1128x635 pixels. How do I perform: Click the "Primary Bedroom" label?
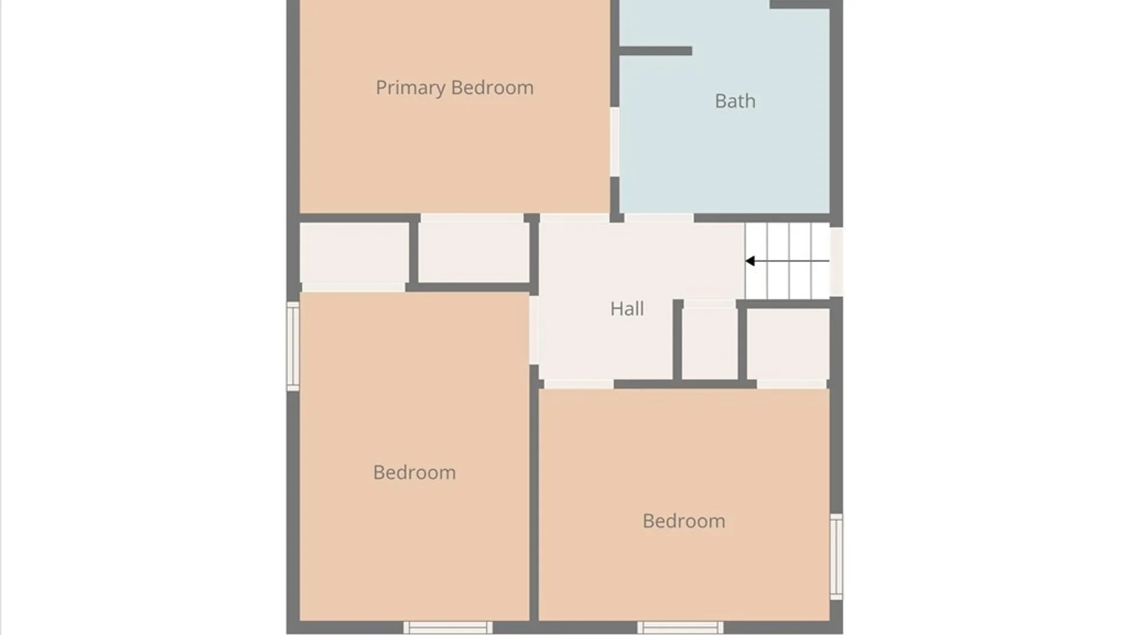[x=455, y=88]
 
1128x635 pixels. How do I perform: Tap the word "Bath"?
[x=735, y=101]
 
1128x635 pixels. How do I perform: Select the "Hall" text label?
[x=627, y=309]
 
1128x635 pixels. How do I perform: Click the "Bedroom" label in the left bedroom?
[x=414, y=472]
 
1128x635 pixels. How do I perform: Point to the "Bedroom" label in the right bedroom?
[x=684, y=521]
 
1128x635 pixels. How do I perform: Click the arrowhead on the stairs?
[x=750, y=261]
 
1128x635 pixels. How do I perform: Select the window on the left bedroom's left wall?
[x=293, y=346]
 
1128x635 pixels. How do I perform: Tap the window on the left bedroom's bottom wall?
[x=448, y=627]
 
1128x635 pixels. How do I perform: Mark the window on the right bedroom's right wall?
[x=836, y=557]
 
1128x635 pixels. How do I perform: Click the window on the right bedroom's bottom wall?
[x=680, y=627]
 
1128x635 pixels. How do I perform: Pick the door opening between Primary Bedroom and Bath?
[x=615, y=142]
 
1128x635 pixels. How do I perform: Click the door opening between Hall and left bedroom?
[x=534, y=330]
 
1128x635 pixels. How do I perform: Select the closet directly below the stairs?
[x=788, y=344]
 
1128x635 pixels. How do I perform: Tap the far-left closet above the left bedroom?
[x=354, y=253]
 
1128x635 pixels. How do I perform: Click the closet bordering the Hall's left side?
[x=474, y=253]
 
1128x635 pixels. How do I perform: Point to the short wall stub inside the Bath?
[x=656, y=51]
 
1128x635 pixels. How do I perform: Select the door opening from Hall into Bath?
[x=659, y=218]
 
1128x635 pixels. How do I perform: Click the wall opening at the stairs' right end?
[x=836, y=262]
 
